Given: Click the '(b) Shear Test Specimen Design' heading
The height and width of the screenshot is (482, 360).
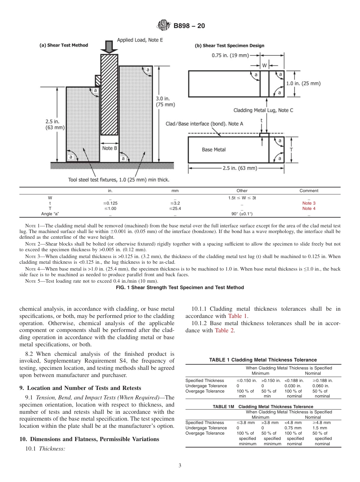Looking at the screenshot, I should (229, 46).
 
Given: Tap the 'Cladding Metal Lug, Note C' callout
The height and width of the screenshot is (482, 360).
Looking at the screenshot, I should (263, 110).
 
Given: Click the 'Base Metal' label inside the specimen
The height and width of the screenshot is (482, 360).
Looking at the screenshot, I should (214, 150).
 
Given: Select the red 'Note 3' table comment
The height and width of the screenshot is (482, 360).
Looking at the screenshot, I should (309, 203).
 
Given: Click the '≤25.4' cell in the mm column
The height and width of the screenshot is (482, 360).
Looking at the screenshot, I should (175, 208).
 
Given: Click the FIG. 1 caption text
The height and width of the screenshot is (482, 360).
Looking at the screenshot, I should (180, 288).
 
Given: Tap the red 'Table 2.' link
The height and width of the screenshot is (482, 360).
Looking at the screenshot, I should (225, 330).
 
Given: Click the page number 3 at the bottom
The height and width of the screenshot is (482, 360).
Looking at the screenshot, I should (180, 466).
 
